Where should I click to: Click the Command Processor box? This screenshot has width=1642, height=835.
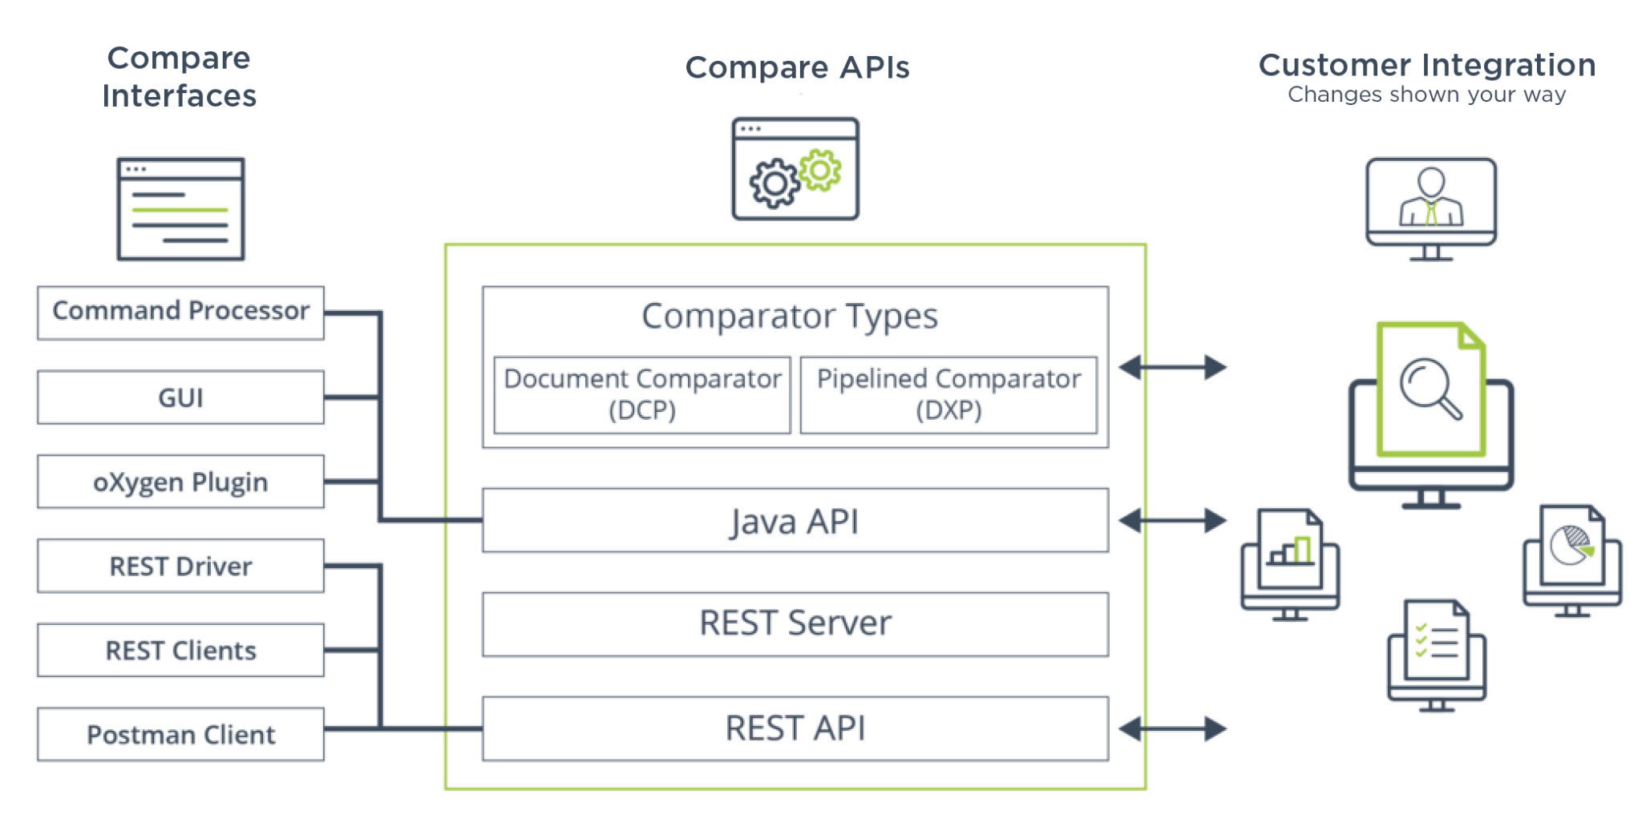point(180,313)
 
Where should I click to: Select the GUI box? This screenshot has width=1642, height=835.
point(180,397)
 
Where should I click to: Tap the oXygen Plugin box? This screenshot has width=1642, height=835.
point(180,482)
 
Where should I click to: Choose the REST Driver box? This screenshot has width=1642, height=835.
point(180,566)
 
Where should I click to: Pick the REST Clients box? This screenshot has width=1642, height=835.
point(180,650)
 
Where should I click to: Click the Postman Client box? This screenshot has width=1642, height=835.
point(180,734)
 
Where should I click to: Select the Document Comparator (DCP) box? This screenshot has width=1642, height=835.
point(642,395)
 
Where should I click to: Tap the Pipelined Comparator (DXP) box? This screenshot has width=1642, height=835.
point(948,395)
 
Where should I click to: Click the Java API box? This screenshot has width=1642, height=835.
point(795,521)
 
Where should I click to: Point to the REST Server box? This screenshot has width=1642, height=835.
point(795,624)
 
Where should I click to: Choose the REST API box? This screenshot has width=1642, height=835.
point(795,728)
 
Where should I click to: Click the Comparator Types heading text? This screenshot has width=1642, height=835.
point(790,317)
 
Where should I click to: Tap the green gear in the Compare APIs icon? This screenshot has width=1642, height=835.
point(820,170)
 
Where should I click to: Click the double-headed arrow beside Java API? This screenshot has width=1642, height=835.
point(1172,521)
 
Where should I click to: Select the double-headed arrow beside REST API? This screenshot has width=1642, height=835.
point(1172,729)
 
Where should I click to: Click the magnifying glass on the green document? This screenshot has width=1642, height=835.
point(1430,389)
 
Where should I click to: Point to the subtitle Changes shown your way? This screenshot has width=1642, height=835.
point(1426,95)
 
